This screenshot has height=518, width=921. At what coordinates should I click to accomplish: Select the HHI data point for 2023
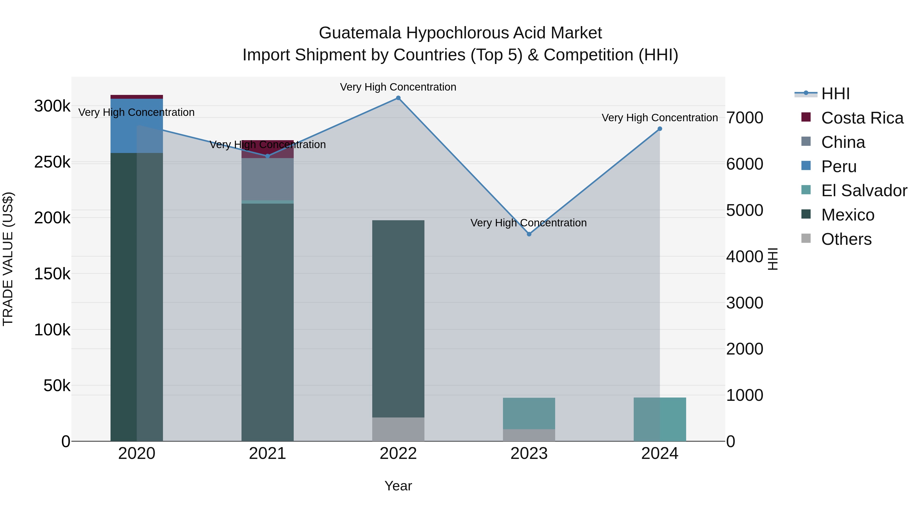coord(529,234)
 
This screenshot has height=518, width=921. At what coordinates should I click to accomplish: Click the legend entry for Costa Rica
coord(862,118)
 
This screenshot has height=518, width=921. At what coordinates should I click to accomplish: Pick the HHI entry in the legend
coord(835,94)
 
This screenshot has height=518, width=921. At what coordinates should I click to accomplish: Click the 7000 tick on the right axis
coord(745,118)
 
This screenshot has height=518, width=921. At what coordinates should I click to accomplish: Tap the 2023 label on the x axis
coord(529,453)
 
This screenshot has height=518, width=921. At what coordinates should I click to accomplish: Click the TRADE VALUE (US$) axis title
coord(8,259)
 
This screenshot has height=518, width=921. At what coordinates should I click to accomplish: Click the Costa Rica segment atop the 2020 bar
coord(137,96)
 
